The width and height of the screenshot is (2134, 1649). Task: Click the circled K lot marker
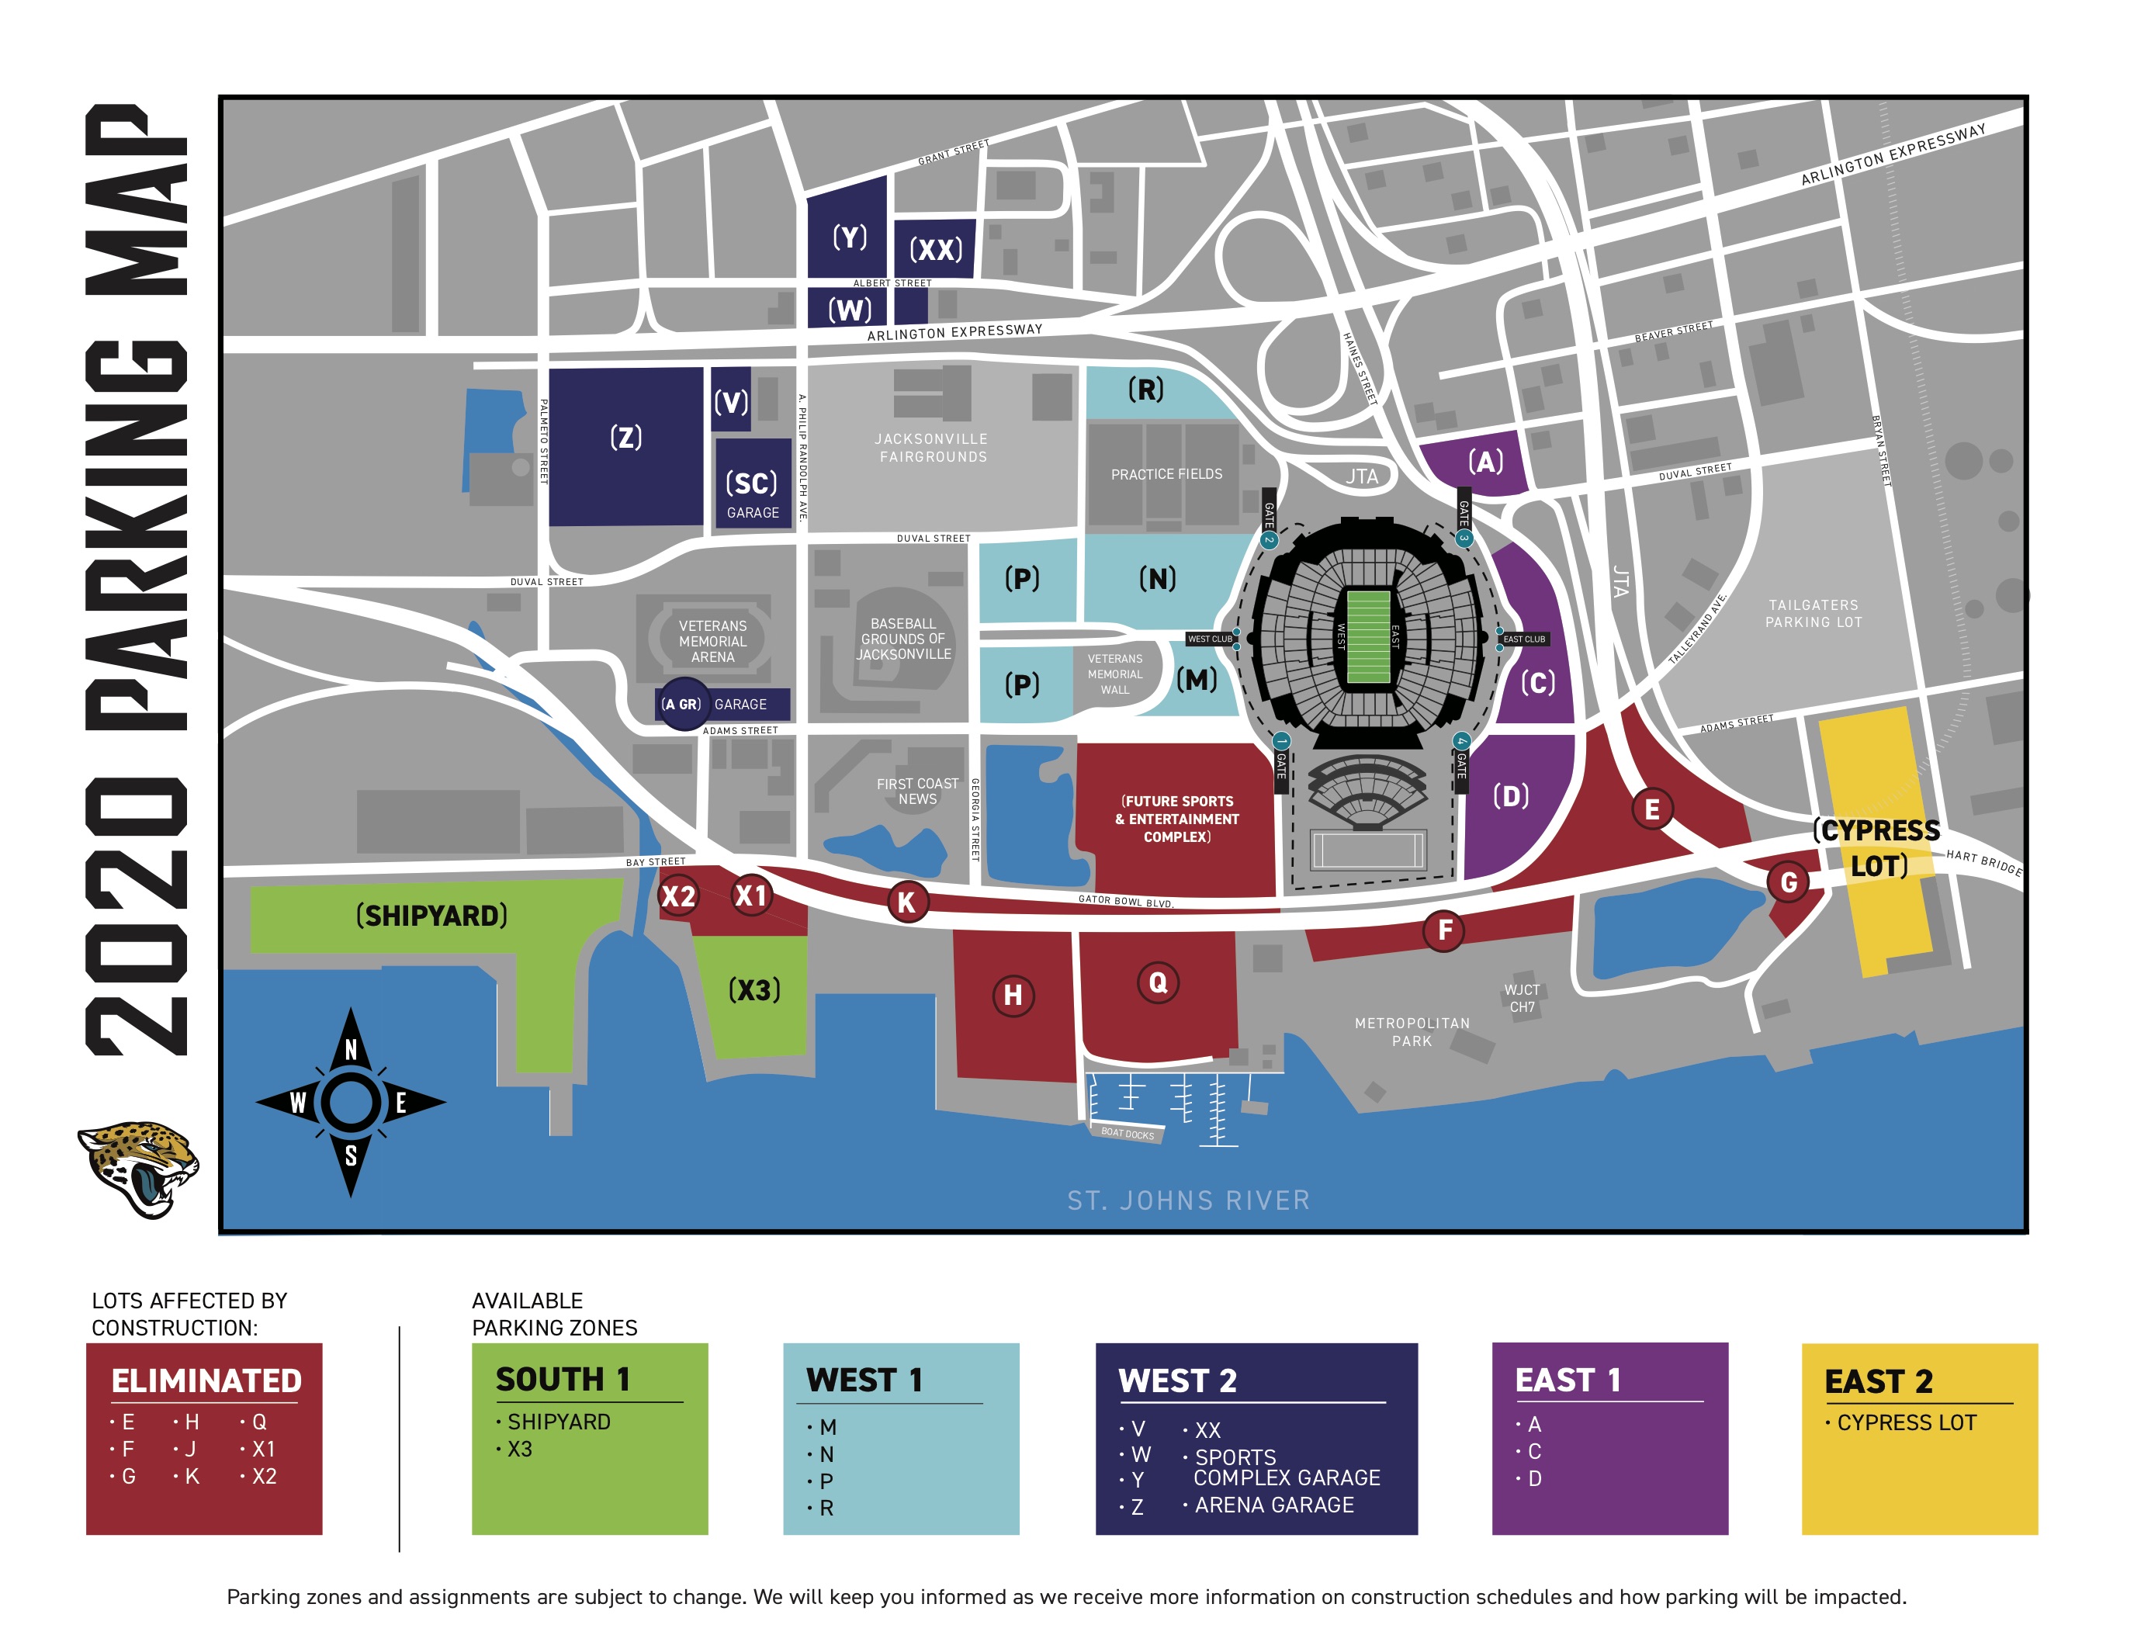coord(906,902)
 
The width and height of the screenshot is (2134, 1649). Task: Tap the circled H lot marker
coord(1013,996)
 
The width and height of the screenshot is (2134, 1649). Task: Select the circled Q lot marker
coord(1158,982)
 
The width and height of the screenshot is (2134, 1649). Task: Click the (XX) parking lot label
coord(936,250)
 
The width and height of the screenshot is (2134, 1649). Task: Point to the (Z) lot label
coord(626,437)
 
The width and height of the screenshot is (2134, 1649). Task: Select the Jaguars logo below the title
coord(138,1169)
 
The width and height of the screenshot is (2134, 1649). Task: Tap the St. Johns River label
coord(1188,1200)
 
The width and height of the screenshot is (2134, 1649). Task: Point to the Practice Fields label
coord(1166,475)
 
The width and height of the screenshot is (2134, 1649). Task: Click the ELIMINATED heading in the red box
coord(206,1381)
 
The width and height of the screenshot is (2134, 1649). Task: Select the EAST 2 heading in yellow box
coord(1878,1381)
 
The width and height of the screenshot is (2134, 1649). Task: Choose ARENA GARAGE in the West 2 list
coord(1273,1505)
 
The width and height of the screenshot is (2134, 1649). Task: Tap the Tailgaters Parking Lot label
coord(1814,614)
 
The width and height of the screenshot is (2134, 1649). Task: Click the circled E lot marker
coord(1651,809)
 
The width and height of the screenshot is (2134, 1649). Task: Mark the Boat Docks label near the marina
coord(1127,1133)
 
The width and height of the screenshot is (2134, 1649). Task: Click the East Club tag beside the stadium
coord(1523,639)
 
